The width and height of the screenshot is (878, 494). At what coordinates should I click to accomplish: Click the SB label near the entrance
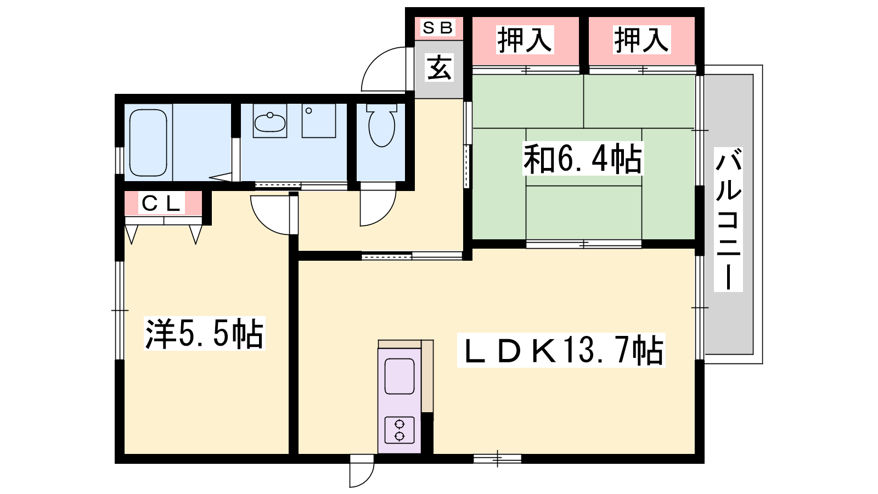pos(438,28)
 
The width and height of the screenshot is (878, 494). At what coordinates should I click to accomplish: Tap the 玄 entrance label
pos(439,68)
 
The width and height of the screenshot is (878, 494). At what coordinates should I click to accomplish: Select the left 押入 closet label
pos(525,40)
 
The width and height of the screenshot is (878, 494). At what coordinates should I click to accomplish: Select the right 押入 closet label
pos(641,40)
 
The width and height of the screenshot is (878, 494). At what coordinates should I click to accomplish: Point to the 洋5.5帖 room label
pos(205,334)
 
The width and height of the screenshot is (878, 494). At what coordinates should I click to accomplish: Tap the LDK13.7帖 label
pos(561,350)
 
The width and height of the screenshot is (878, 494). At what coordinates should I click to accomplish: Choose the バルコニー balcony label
pos(728,220)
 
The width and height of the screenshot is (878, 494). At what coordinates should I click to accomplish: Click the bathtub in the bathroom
pos(148,143)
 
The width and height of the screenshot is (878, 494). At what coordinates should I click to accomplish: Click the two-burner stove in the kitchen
pos(399,430)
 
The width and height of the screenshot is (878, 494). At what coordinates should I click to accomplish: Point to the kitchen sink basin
pos(399,377)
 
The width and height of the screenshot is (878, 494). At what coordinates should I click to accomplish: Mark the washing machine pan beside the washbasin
pos(319,121)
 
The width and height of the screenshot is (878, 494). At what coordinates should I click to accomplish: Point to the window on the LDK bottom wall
pos(497,458)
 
